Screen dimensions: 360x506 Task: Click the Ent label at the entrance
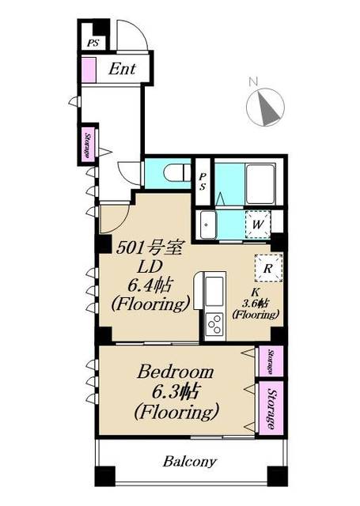[122, 69]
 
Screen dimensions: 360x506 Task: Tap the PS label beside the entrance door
[93, 43]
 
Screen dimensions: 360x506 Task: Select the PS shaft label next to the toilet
[203, 181]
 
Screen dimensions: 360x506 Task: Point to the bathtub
[260, 184]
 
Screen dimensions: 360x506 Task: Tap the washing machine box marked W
[258, 225]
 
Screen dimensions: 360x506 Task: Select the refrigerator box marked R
[268, 268]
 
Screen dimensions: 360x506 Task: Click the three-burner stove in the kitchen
[214, 324]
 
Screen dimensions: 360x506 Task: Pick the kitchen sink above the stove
[214, 291]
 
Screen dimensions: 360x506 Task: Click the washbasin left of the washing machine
[207, 225]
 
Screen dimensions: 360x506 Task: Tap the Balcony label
[190, 461]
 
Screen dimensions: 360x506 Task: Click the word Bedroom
[176, 372]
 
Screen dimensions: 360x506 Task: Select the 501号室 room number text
[150, 248]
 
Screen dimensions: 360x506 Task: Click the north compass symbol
[265, 108]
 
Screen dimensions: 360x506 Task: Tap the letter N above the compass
[253, 81]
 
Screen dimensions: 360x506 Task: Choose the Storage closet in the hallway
[88, 145]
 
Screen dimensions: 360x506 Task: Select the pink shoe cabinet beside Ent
[89, 70]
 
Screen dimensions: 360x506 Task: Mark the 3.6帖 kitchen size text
[256, 304]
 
